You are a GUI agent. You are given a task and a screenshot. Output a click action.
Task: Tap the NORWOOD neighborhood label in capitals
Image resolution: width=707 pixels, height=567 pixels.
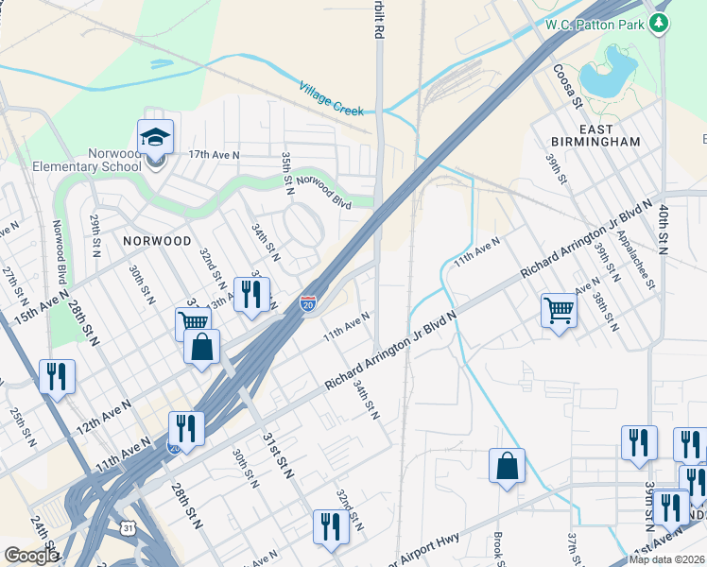157,242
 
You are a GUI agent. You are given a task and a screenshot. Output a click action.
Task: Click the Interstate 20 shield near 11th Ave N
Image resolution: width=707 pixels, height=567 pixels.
308,303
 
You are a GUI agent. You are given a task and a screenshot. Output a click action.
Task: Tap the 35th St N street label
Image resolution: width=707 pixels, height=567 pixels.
286,173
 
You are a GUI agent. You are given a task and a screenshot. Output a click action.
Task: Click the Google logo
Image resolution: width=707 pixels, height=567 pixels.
31,556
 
